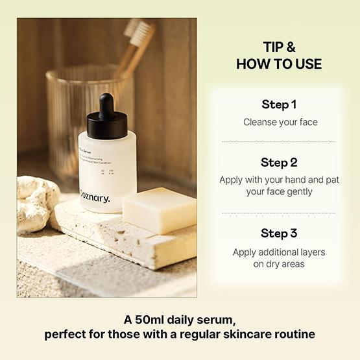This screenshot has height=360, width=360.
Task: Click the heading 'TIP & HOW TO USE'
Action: click(279, 56)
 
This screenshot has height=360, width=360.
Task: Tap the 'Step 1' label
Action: click(279, 104)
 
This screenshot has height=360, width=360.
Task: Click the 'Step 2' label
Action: click(279, 162)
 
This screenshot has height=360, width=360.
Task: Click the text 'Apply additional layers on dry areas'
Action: click(279, 258)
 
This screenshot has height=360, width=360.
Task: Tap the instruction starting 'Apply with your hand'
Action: click(279, 186)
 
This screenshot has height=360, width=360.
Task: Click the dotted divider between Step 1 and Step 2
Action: click(279, 141)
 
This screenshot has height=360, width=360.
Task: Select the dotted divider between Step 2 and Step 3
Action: click(279, 213)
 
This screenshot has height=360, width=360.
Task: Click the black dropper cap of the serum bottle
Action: click(106, 117)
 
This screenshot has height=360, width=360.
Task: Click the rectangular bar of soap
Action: click(160, 210)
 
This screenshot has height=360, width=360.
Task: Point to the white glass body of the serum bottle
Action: click(107, 169)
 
